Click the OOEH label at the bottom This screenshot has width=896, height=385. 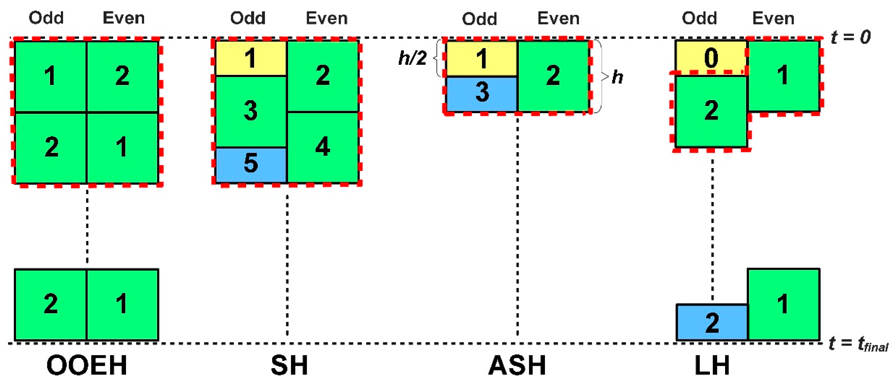[x=87, y=366]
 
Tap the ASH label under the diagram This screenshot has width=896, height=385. [x=517, y=366]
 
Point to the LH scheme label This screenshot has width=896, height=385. [x=712, y=366]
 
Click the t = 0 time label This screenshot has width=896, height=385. [x=851, y=37]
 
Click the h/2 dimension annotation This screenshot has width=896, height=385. [x=413, y=58]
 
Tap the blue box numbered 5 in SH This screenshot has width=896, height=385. [x=251, y=164]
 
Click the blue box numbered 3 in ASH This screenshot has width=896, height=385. [x=482, y=93]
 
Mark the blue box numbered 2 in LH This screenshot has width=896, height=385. [x=712, y=322]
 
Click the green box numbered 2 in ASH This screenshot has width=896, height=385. [x=553, y=76]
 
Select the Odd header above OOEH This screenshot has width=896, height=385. [x=46, y=18]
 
